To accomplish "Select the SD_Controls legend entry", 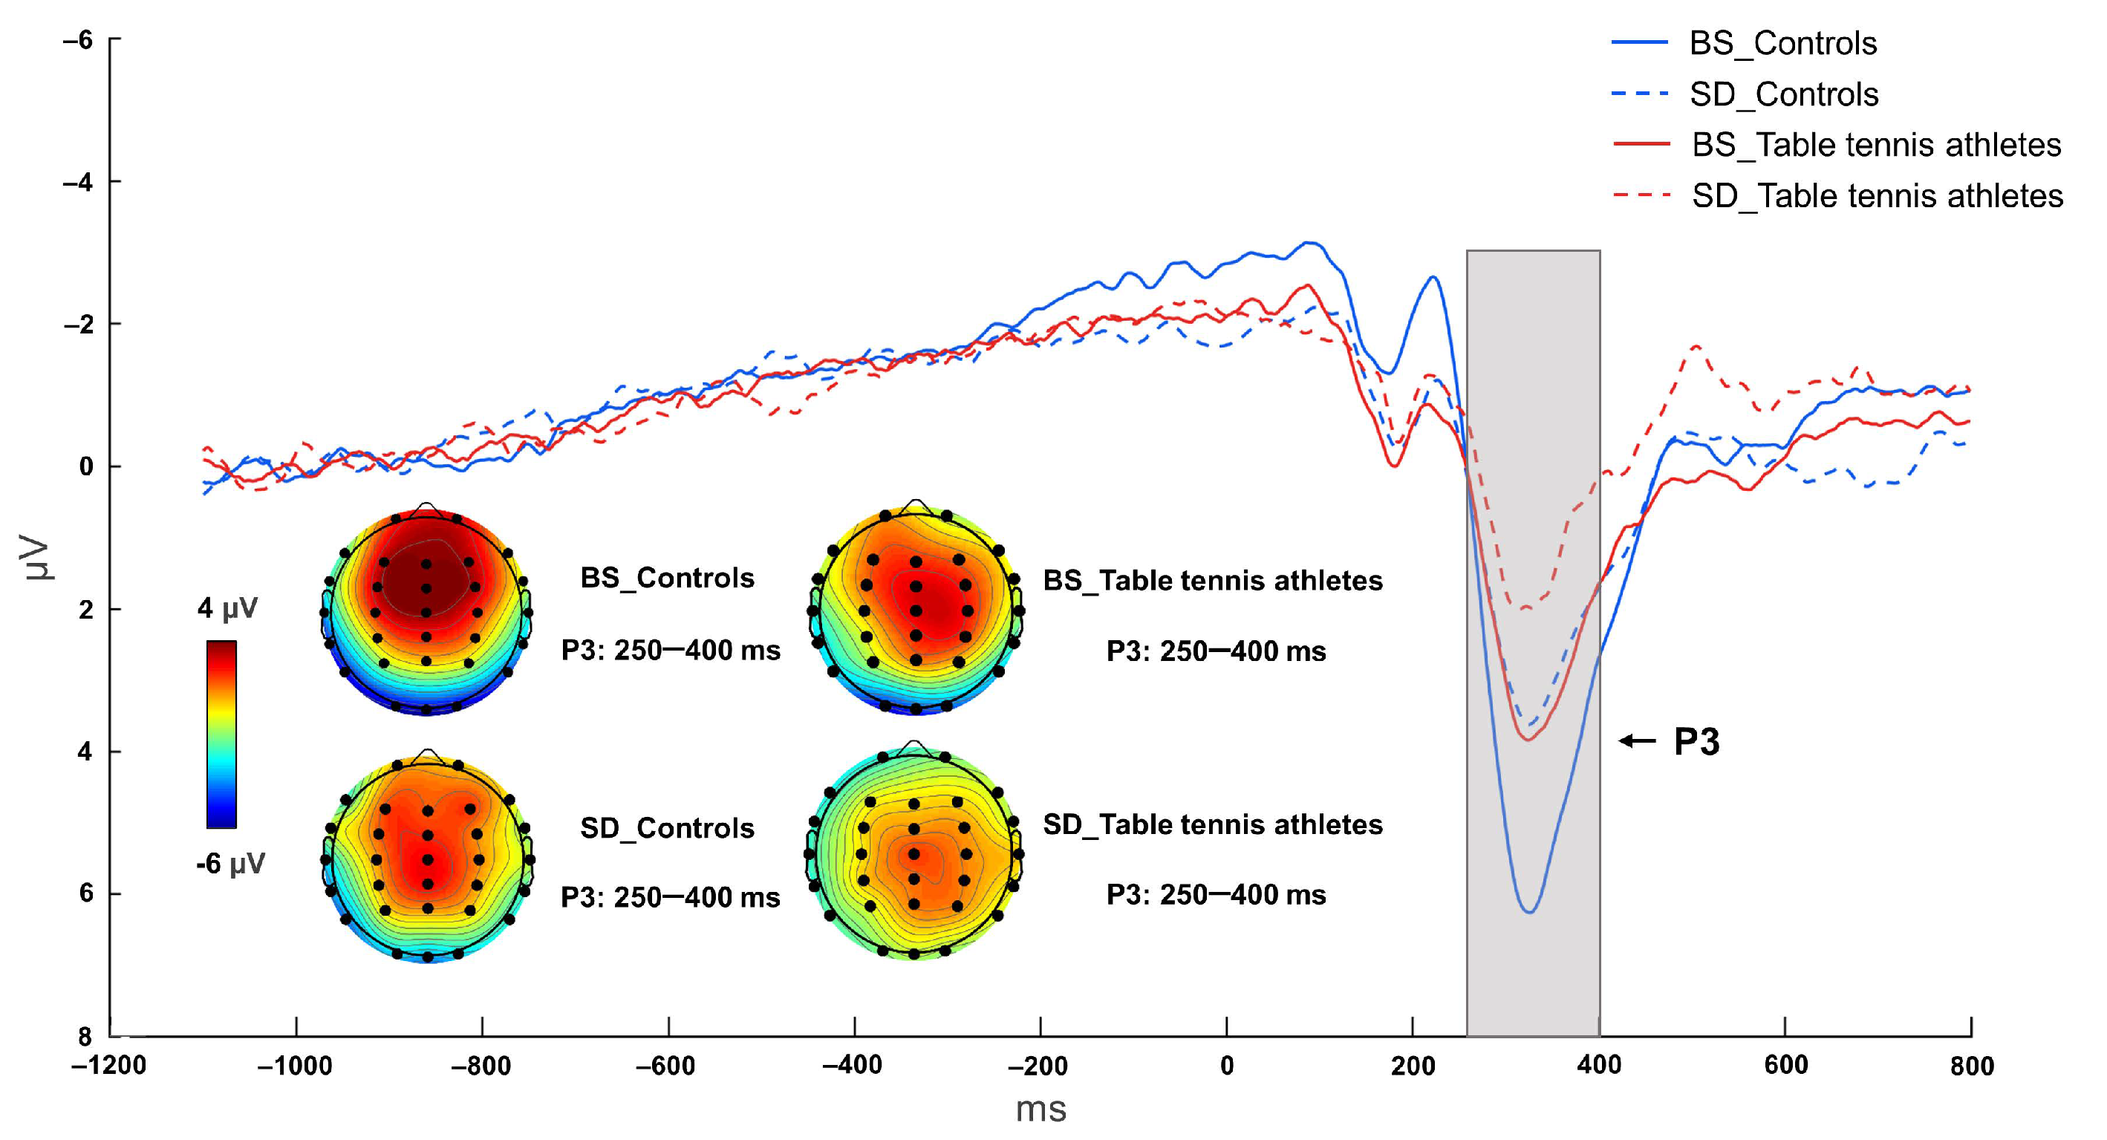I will coord(1783,95).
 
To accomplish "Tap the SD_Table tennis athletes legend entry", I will coord(1876,196).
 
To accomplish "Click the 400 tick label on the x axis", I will coord(1598,1065).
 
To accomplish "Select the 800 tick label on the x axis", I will coord(1971,1066).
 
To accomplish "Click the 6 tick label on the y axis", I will coord(86,893).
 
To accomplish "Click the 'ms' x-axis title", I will coord(1041,1110).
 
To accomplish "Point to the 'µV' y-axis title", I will coord(37,558).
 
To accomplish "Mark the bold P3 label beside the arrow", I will coord(1696,742).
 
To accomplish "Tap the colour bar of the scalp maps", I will coord(221,734).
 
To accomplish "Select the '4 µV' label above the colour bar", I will coord(227,608).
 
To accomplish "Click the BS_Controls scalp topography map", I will coord(426,610).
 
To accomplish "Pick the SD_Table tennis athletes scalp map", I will coord(914,852).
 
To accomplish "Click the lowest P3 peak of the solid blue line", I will coord(1528,911).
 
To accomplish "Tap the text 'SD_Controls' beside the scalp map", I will coord(667,828).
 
